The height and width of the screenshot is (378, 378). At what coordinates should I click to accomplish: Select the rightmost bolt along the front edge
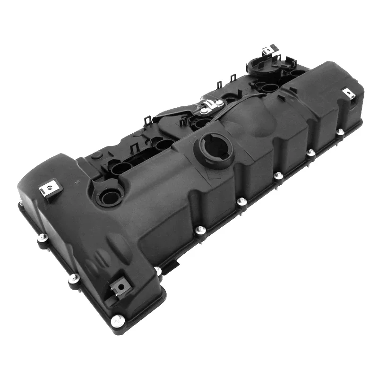coord(340,131)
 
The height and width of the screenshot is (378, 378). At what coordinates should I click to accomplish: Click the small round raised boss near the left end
coord(96,155)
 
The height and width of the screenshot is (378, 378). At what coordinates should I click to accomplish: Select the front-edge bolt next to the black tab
coord(157,270)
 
